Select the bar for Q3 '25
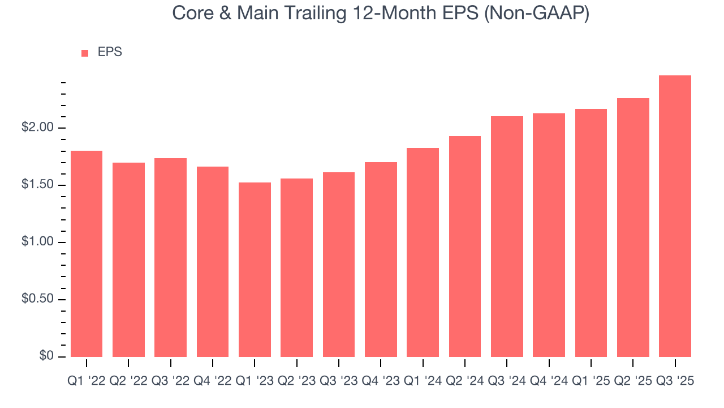click(675, 216)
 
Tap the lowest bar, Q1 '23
click(255, 269)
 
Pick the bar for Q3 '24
click(507, 236)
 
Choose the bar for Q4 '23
click(381, 259)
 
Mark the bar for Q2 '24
click(464, 246)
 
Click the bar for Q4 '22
click(213, 261)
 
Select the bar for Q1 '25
click(591, 232)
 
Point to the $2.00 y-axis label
click(38, 127)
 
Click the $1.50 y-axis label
click(38, 185)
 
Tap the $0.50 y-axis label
click(38, 299)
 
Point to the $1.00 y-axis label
click(38, 243)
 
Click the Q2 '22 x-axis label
click(128, 381)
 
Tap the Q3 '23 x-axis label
click(338, 381)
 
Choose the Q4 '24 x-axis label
click(549, 381)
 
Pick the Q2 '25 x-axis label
click(632, 381)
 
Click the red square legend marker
click(85, 53)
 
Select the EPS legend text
click(110, 52)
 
